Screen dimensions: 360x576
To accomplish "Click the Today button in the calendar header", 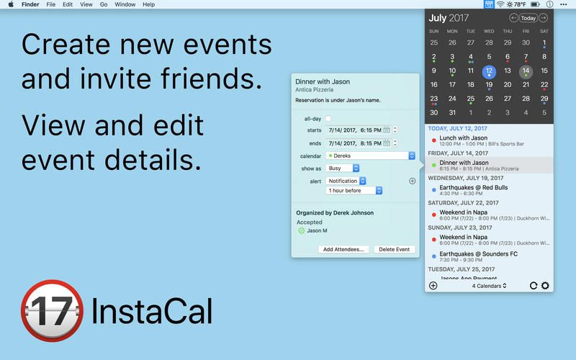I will tap(528, 18).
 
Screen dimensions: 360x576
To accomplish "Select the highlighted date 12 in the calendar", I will tap(489, 71).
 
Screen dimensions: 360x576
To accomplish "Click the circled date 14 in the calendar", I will tap(526, 71).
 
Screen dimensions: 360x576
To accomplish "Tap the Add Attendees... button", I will tap(343, 249).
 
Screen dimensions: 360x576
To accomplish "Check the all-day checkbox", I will tap(328, 118).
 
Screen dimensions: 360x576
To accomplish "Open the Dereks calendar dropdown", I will tap(370, 156).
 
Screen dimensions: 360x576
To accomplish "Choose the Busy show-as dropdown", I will tap(343, 168).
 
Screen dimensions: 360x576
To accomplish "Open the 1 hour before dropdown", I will tap(354, 191).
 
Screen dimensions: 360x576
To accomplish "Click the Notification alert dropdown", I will tap(354, 181).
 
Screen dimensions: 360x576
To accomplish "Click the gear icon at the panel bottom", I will tap(545, 286).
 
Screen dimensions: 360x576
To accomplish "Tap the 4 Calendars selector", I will tap(489, 286).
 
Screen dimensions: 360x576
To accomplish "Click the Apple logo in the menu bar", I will tap(11, 4).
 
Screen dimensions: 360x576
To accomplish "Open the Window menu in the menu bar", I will tap(125, 4).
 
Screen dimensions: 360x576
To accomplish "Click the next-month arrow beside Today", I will tap(544, 18).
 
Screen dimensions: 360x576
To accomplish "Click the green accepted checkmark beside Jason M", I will tap(301, 231).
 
